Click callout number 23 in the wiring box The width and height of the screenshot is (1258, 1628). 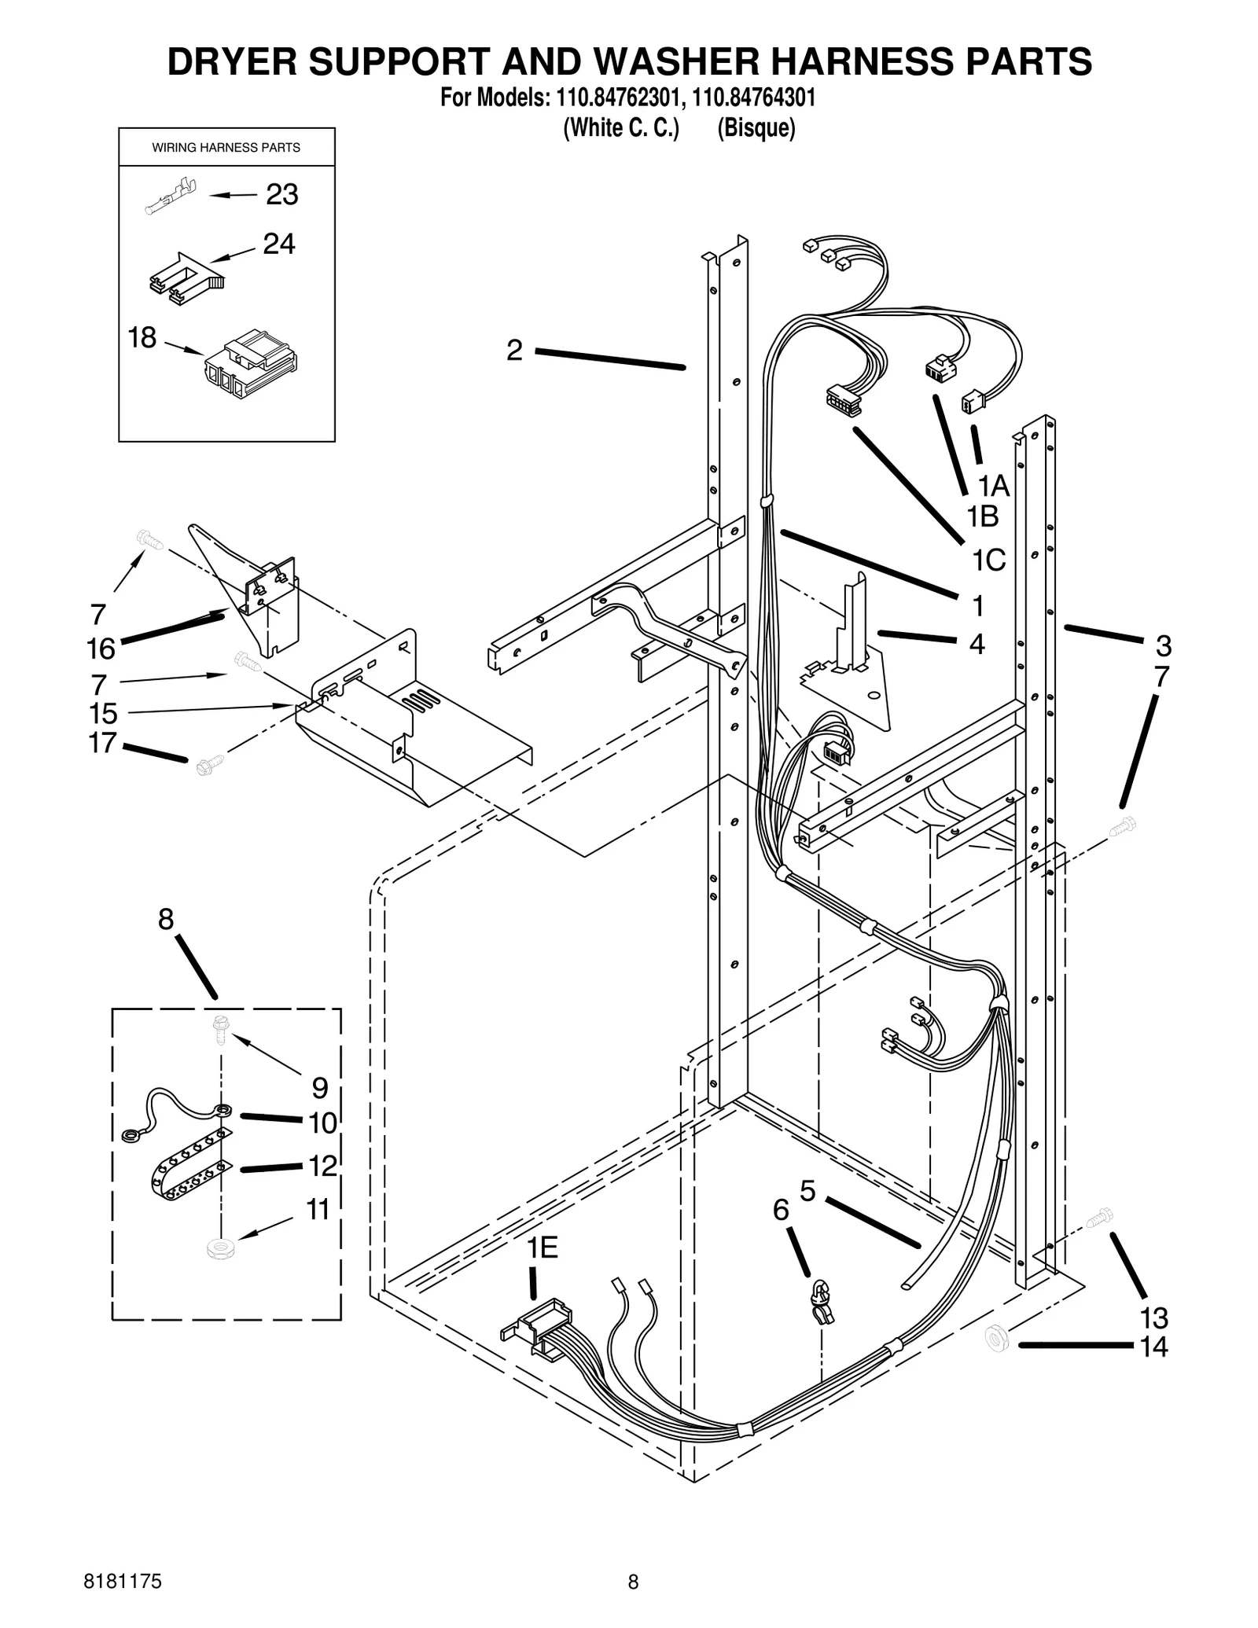click(x=281, y=194)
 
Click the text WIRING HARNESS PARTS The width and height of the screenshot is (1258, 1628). click(x=226, y=148)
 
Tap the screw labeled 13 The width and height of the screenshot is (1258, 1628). click(x=1098, y=1218)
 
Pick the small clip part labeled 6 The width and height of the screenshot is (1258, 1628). click(x=822, y=1301)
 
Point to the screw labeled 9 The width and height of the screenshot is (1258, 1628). click(x=219, y=1029)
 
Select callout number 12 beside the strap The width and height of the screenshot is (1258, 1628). click(x=322, y=1165)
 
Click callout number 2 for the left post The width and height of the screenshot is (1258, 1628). click(x=514, y=350)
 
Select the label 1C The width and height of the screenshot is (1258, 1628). click(x=988, y=560)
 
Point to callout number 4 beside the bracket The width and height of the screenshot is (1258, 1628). click(x=976, y=644)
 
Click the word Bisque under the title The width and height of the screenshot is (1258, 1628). click(x=756, y=127)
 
